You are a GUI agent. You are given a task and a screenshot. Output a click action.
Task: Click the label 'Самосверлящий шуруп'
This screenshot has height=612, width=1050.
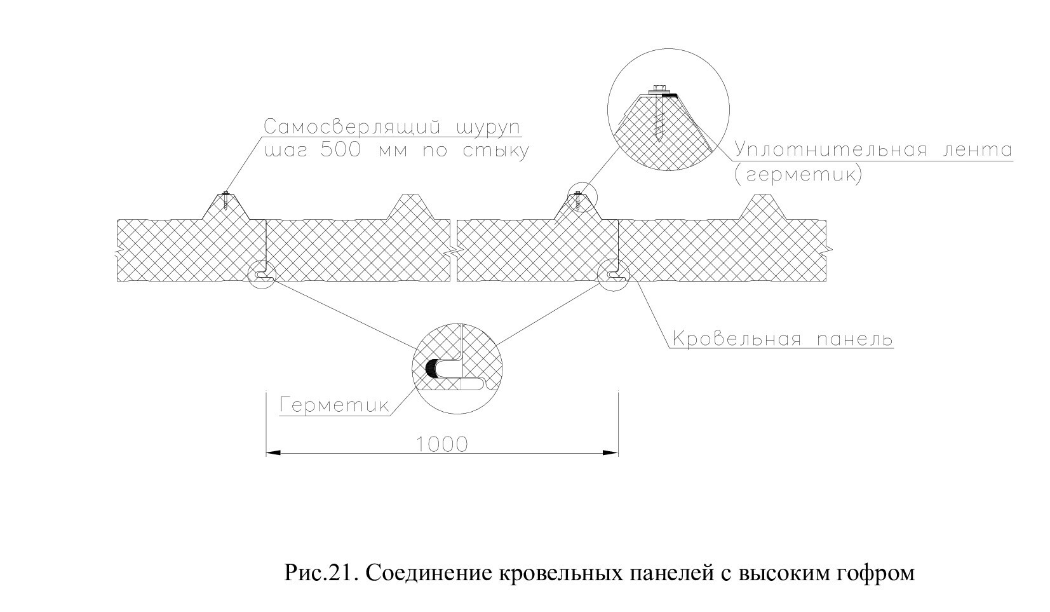pyautogui.click(x=392, y=127)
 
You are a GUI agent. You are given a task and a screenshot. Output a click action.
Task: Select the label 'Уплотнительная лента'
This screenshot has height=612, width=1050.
pyautogui.click(x=872, y=151)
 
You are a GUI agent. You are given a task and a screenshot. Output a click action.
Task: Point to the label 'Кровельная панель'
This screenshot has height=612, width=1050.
pyautogui.click(x=782, y=339)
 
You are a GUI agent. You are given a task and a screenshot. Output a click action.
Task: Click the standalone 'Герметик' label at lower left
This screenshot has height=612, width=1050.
pyautogui.click(x=334, y=405)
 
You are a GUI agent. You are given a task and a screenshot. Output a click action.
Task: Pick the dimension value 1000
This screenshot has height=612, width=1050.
pyautogui.click(x=442, y=443)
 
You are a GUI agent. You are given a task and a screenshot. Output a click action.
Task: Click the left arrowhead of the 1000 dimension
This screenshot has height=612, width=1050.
pyautogui.click(x=272, y=453)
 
